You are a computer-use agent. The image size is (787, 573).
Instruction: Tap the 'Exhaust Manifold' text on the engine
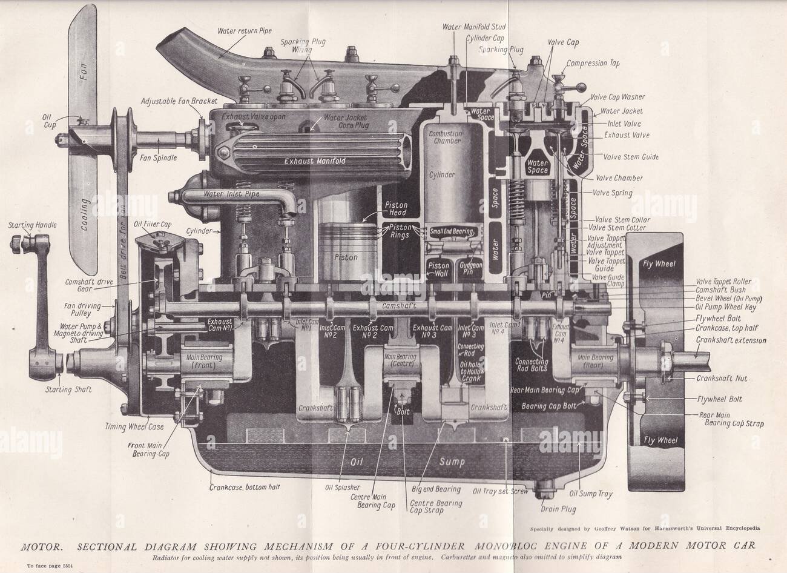[x=315, y=161]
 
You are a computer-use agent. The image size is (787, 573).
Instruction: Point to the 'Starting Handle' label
[x=33, y=225]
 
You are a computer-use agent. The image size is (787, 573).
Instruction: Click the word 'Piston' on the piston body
[x=346, y=257]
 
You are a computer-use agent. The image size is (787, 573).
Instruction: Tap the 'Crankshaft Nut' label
[x=722, y=378]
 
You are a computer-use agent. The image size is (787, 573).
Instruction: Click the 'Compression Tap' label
[x=593, y=63]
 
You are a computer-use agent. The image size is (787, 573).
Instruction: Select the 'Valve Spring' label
[x=613, y=193]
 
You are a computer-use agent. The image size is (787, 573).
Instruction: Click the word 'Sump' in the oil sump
[x=452, y=462]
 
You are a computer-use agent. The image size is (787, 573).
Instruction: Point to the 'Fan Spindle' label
[x=159, y=157]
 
